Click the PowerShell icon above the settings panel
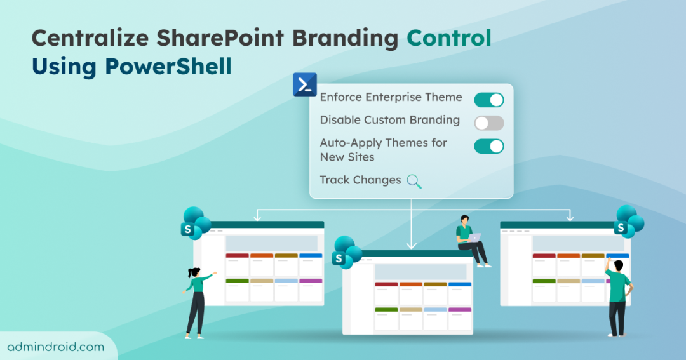coord(305,84)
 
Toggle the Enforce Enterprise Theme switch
coord(488,100)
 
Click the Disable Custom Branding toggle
coord(488,123)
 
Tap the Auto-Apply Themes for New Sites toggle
coord(488,146)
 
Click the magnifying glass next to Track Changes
coord(414,182)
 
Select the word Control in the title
coord(449,38)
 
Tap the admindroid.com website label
coord(55,347)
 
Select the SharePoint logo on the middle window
coord(347,252)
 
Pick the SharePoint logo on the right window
coord(628,222)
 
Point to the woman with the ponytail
coord(196,298)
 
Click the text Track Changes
coord(360,180)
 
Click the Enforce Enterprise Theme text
coord(391,97)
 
